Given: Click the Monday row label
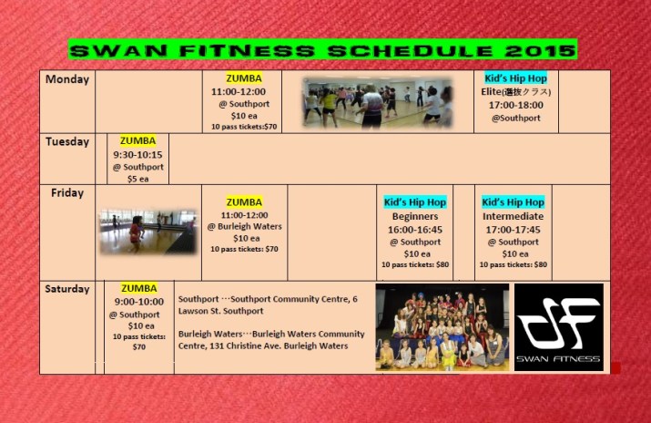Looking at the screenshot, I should coord(67,79).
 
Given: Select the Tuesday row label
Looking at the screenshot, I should coord(67,141).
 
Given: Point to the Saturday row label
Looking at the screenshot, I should coord(67,289).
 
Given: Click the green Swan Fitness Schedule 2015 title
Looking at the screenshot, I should coord(322,50).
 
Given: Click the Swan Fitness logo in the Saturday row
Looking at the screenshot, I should coord(558,326).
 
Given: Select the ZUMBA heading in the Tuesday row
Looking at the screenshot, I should coord(137,141).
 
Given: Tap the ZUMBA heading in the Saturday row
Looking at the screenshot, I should coord(138,289).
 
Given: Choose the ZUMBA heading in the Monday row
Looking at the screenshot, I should coord(243,78).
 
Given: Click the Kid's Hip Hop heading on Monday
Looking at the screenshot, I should coord(515,78).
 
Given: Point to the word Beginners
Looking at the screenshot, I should coord(414,217).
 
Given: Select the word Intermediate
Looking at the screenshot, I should coord(514,217).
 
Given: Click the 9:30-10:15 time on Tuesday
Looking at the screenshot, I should coord(137,155).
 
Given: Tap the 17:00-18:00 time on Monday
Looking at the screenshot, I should coord(515,105).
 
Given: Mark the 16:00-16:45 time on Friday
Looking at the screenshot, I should coord(414,230).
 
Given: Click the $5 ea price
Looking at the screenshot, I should coord(137,179).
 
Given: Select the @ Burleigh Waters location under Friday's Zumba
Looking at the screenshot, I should coord(244,227).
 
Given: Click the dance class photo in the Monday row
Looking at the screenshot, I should coord(377,101).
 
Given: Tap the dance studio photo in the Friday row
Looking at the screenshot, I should coord(147,232).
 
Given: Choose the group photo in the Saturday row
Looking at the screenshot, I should coord(442,326).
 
